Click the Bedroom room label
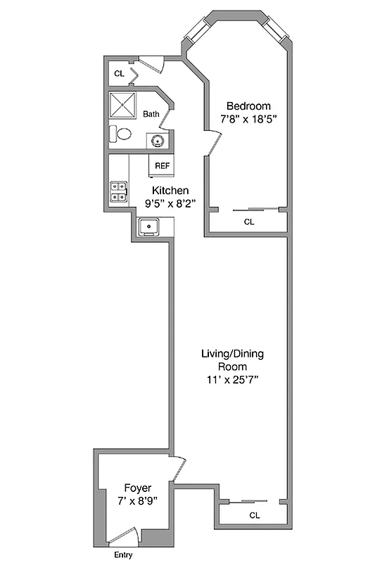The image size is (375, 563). (x=243, y=106)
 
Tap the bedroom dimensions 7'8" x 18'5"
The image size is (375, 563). (x=243, y=119)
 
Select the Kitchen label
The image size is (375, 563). (x=170, y=190)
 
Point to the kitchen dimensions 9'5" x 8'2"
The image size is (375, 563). (x=170, y=203)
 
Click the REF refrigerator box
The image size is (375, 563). (x=162, y=166)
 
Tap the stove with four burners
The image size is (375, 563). (x=118, y=192)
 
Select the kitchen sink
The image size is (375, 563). (x=149, y=227)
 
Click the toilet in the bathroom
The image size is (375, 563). (x=120, y=134)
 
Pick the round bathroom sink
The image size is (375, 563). (x=157, y=141)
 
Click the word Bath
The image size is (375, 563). (x=151, y=114)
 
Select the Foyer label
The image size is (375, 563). (x=138, y=488)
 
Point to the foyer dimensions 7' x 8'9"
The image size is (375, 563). (x=138, y=500)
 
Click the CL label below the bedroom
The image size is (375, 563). (x=248, y=222)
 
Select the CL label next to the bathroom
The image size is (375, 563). (x=119, y=73)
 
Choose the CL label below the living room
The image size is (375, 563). (x=254, y=515)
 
